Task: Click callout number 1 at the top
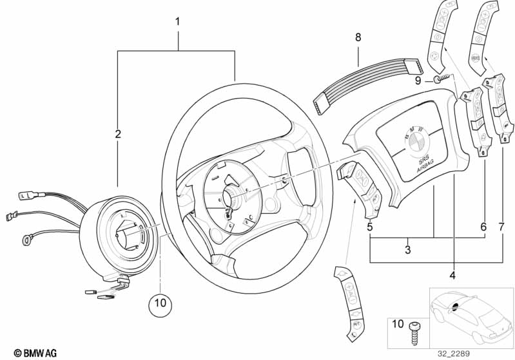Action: click(x=178, y=22)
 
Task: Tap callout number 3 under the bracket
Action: click(x=407, y=250)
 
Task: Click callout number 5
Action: click(x=369, y=227)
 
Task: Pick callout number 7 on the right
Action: click(x=503, y=226)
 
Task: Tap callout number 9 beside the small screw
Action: click(x=418, y=81)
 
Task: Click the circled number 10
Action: click(x=160, y=301)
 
